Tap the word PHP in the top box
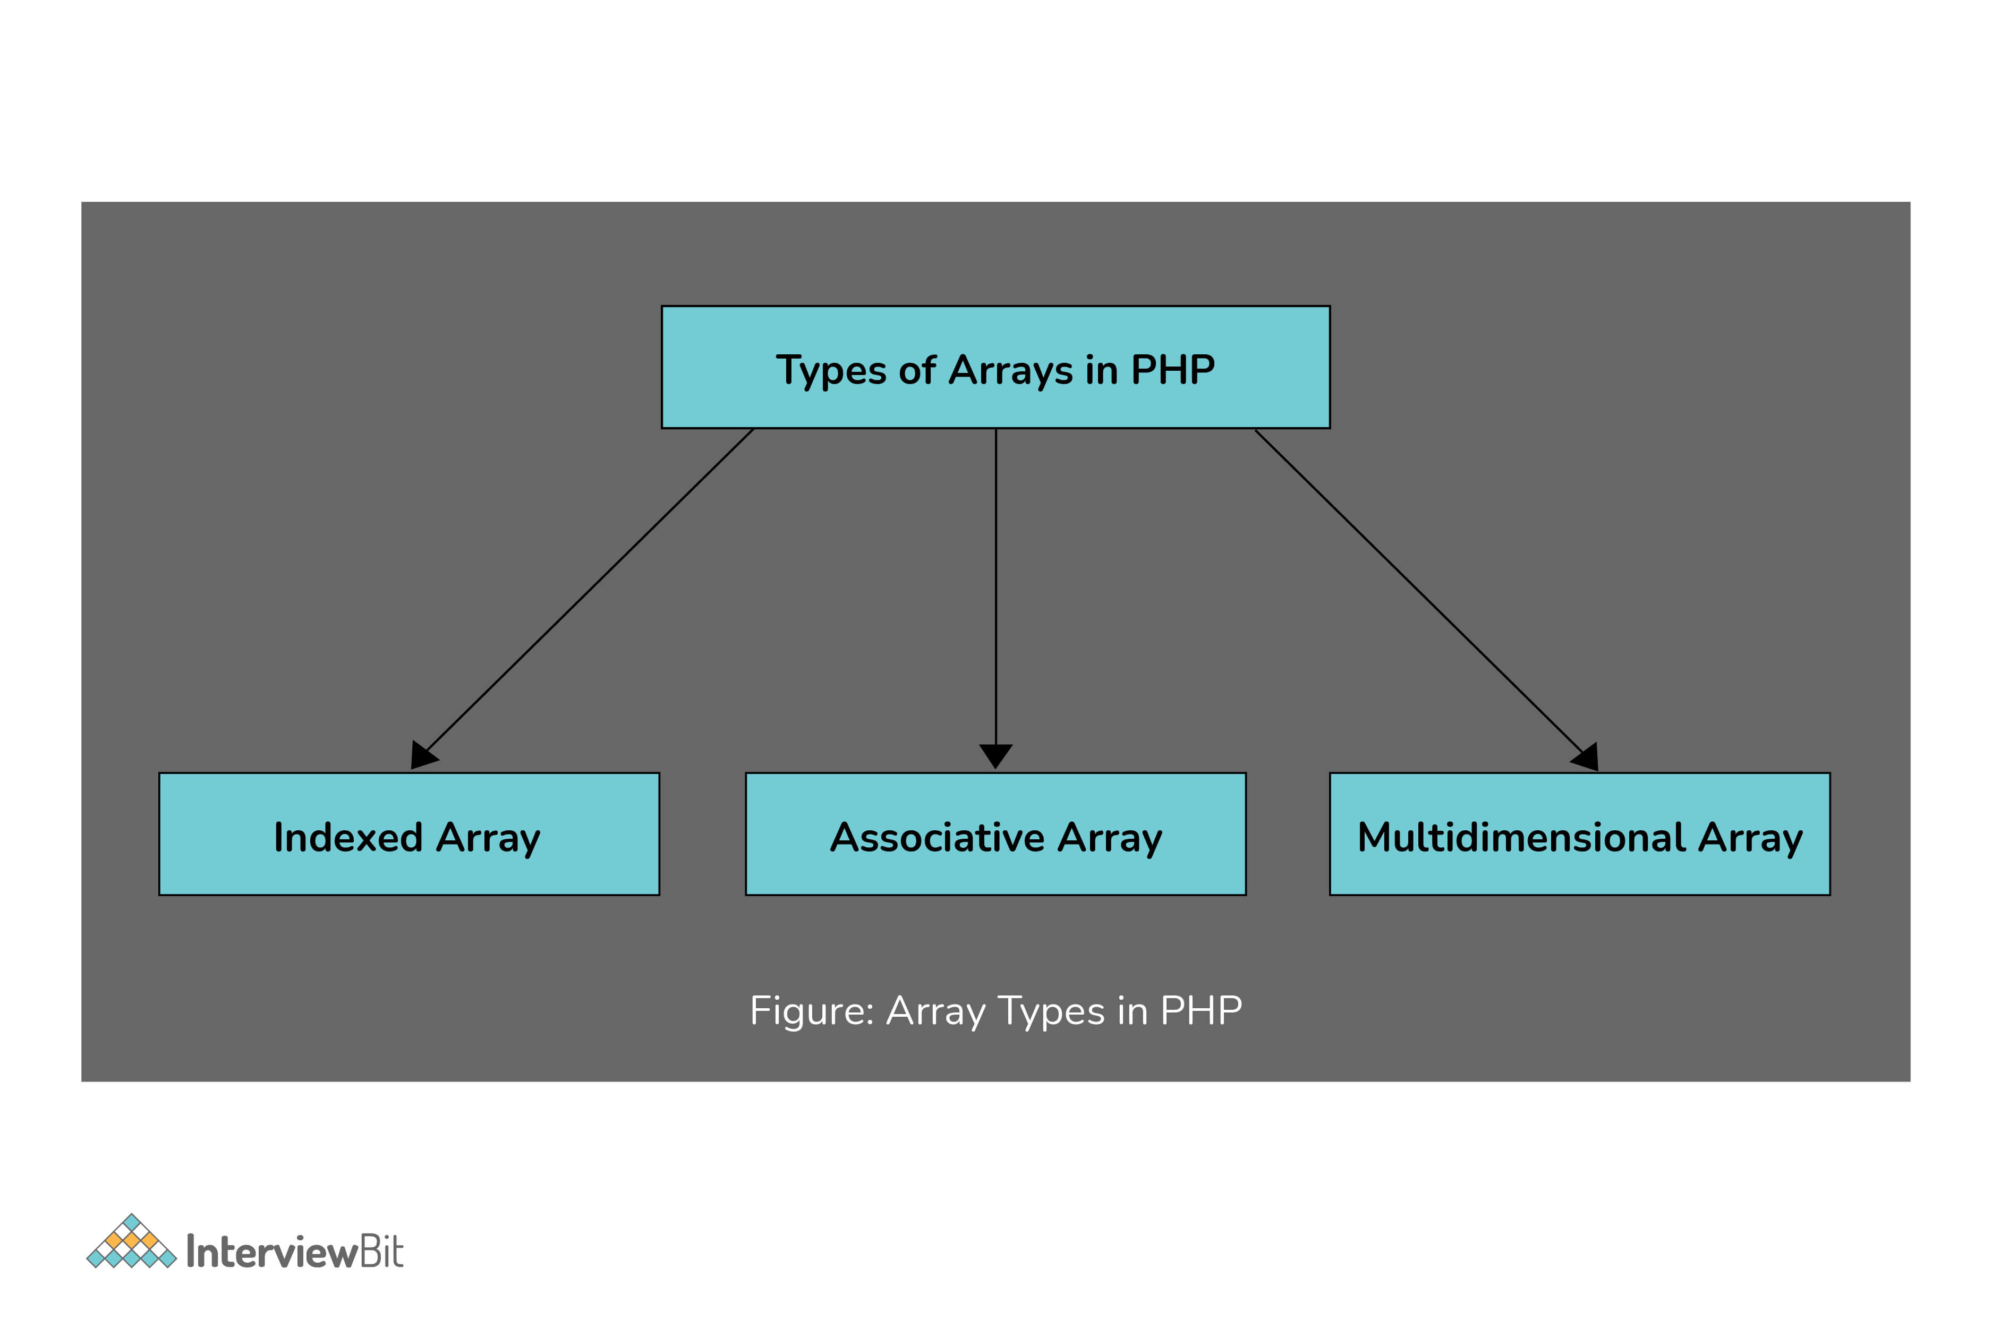[1172, 369]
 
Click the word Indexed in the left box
[348, 838]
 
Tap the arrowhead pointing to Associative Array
[996, 755]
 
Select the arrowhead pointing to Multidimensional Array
[1586, 757]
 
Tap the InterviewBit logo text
[295, 1252]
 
